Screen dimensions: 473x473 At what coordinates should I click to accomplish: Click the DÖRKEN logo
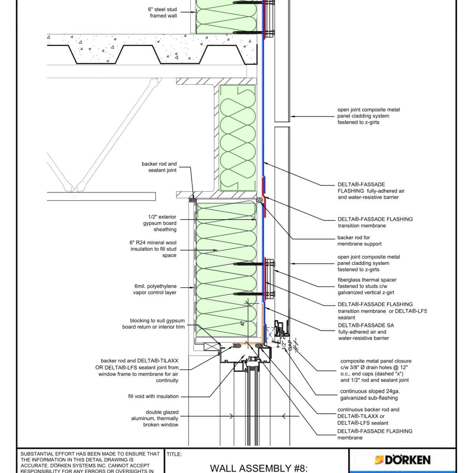(x=402, y=460)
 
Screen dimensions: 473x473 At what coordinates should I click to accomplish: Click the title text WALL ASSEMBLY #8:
(x=258, y=468)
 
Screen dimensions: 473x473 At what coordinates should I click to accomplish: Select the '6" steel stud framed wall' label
(x=163, y=13)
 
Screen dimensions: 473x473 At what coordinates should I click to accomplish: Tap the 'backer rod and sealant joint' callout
(x=159, y=167)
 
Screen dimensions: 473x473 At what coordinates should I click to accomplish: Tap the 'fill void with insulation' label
(x=153, y=396)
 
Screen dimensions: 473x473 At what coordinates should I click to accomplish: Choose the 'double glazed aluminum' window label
(x=155, y=418)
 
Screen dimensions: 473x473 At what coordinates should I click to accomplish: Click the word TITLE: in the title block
(x=174, y=454)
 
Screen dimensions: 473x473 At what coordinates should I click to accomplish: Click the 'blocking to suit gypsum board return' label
(x=153, y=324)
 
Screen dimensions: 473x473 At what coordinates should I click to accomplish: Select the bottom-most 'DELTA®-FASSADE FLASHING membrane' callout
(x=374, y=434)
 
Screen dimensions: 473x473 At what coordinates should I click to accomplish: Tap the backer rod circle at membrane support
(x=259, y=200)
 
